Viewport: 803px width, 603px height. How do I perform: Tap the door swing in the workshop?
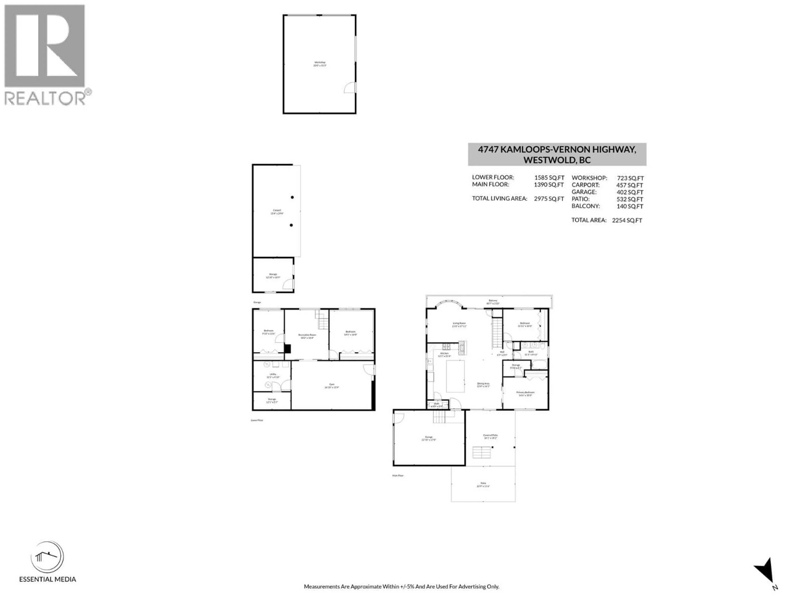[x=350, y=88]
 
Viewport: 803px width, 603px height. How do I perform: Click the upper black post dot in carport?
[x=292, y=197]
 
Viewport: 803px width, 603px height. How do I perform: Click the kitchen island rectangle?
[x=455, y=376]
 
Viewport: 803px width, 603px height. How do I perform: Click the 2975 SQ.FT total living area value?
[x=549, y=199]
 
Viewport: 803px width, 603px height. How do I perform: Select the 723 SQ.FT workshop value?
[x=630, y=178]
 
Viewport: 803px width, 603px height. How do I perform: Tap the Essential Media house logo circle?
[x=47, y=557]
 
